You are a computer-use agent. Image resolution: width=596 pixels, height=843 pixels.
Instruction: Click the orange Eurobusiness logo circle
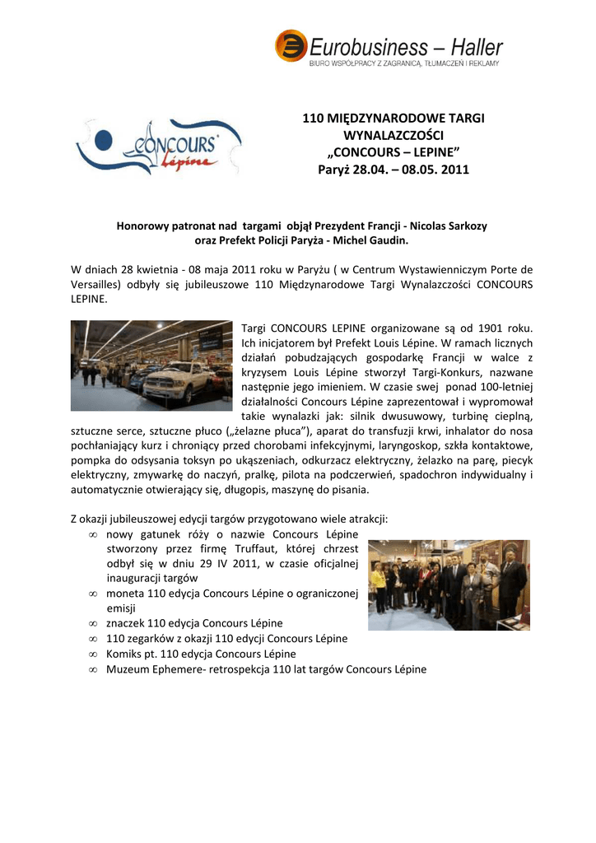coord(291,45)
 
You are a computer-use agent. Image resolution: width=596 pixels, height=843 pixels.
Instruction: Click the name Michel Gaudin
coord(368,240)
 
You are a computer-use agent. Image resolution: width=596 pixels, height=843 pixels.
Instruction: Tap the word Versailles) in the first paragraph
coord(96,284)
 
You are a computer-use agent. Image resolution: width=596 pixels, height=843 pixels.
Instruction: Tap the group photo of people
coord(448,585)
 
